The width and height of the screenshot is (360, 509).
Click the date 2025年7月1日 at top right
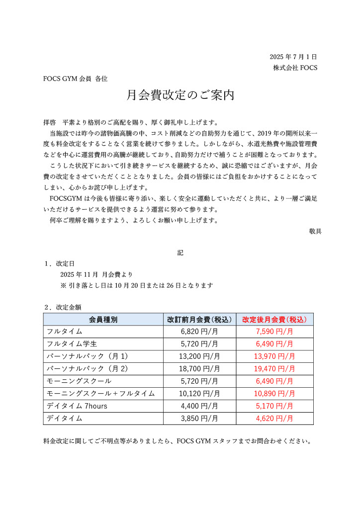(293, 57)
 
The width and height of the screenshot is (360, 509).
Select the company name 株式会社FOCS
(295, 68)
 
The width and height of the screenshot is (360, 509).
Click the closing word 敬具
(315, 231)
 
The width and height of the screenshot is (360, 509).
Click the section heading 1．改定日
(60, 263)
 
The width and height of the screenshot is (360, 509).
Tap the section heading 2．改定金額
(63, 307)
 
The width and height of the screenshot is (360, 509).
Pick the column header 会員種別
(103, 319)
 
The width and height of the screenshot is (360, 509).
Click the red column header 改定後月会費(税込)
(274, 319)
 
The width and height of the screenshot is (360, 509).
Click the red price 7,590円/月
(274, 331)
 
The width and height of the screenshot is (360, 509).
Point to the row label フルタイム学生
(72, 343)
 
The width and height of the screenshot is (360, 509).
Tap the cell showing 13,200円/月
(199, 356)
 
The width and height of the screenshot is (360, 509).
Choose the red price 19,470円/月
(274, 368)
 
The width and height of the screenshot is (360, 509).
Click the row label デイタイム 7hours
(77, 406)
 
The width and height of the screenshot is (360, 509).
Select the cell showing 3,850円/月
(199, 419)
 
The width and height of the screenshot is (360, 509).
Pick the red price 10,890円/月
(274, 393)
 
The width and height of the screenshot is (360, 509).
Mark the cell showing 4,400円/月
(199, 406)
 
